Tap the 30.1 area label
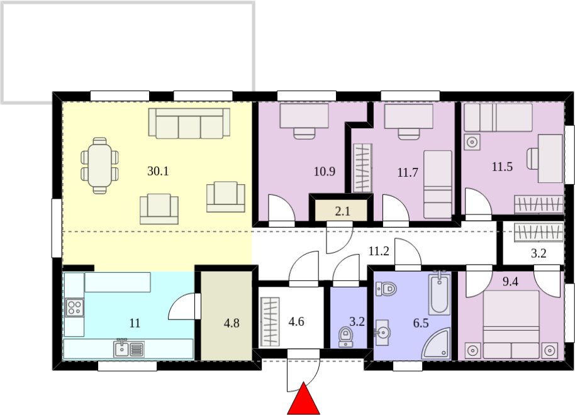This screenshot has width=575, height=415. point(158,171)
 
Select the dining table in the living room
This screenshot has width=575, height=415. point(100,166)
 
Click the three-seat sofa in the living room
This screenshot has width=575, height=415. point(189,123)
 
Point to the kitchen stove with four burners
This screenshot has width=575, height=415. point(74,307)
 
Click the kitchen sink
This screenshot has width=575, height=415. point(129,348)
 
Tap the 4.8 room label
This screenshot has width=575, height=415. point(232,323)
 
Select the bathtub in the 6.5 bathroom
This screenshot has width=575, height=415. point(439,293)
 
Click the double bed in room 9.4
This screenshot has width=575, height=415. point(511,325)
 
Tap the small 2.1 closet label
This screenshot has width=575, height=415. point(342,211)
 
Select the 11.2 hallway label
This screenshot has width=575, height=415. point(379,251)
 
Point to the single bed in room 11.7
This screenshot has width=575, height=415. point(438,184)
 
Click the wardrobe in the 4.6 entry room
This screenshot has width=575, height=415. point(269,322)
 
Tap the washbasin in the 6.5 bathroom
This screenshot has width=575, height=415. point(382,333)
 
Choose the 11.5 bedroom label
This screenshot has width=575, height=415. point(502,167)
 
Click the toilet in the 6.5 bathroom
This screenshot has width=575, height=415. point(386,289)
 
